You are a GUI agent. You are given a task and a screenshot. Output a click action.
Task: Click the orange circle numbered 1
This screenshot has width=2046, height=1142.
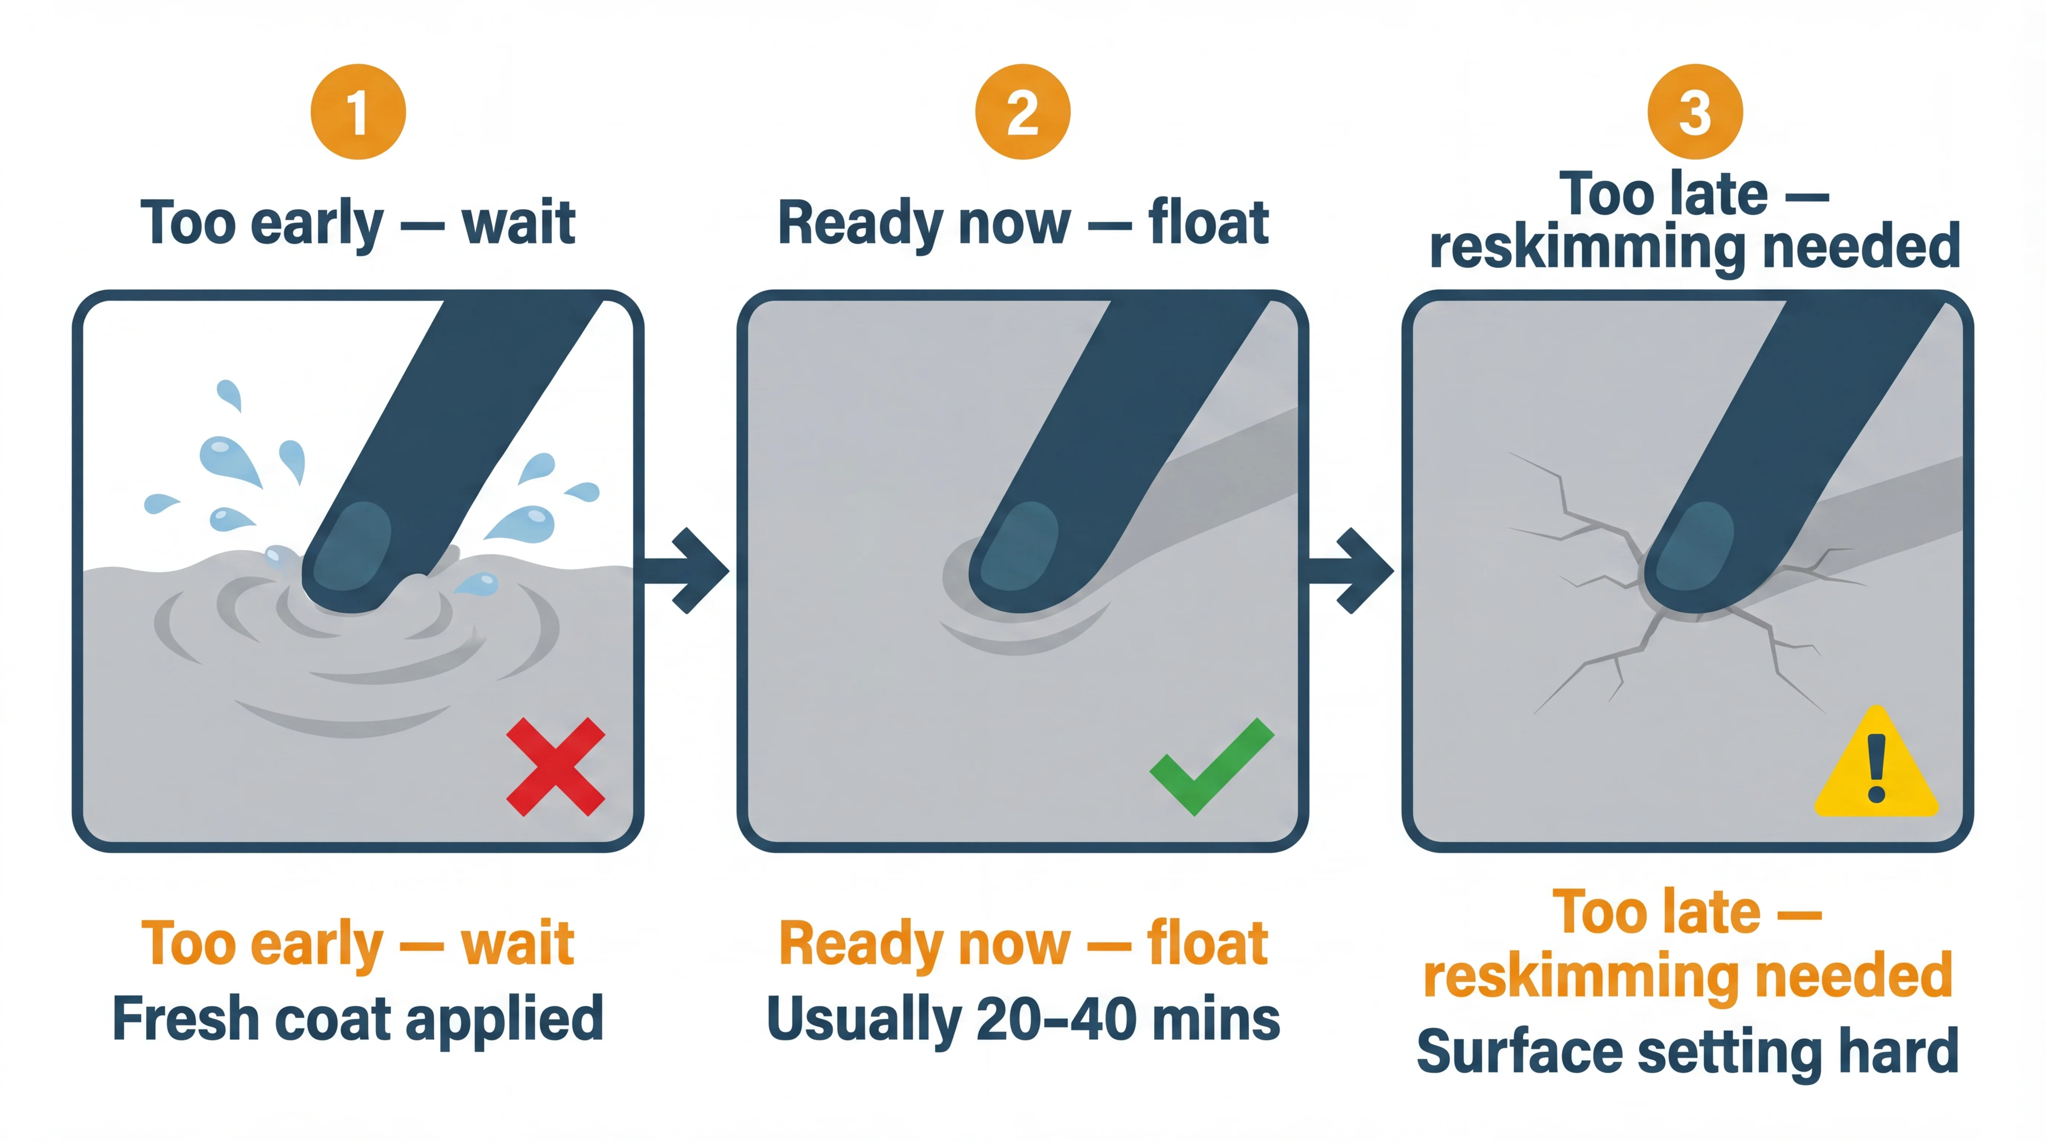[358, 112]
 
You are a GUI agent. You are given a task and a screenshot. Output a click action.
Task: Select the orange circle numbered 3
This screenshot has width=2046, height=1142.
[1695, 112]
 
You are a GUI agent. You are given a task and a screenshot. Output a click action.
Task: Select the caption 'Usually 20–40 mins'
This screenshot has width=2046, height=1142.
[1023, 1019]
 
